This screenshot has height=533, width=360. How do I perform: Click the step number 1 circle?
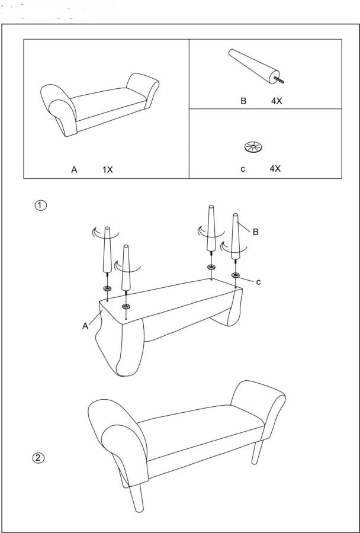[x=40, y=206]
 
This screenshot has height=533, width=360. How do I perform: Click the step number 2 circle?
[x=38, y=458]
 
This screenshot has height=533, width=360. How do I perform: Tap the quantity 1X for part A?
[x=107, y=169]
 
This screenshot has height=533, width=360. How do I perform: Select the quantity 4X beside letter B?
[x=277, y=101]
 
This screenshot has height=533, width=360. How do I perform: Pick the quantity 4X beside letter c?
[x=275, y=169]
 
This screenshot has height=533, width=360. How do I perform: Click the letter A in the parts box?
[x=74, y=169]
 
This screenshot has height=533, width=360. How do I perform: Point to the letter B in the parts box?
[x=243, y=101]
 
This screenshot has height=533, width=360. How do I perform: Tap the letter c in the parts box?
[x=243, y=169]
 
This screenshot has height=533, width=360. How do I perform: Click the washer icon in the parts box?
[x=254, y=146]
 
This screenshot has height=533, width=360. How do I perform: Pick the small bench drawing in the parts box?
[x=99, y=104]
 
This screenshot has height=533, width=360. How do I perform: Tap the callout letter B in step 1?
[x=255, y=232]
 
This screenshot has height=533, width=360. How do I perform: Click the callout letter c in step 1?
[x=258, y=282]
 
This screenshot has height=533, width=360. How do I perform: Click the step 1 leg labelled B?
[x=236, y=237]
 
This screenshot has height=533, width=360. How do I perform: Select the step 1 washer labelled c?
[x=236, y=275]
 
